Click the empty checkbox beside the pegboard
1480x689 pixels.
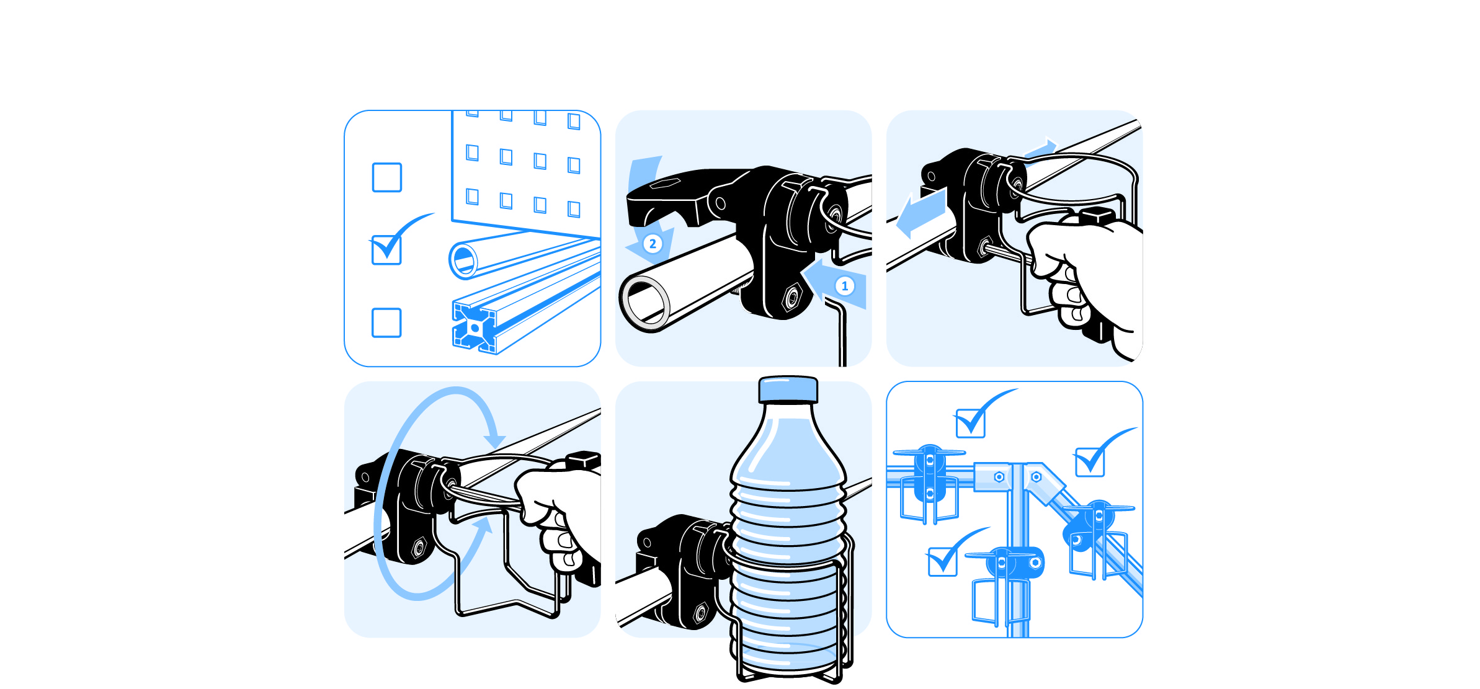(386, 177)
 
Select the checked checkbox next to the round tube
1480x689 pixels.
(386, 250)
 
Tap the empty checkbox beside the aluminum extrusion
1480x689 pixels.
(386, 322)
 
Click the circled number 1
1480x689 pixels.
(844, 286)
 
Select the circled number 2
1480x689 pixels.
(653, 244)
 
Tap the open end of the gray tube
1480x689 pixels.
(644, 303)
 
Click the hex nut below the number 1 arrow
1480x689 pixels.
(792, 298)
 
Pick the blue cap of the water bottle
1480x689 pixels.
(788, 389)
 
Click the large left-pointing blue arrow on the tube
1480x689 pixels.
(921, 213)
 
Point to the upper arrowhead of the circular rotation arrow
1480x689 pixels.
(495, 441)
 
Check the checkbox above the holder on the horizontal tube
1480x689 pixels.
(970, 424)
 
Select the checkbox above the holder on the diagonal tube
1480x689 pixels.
(1090, 462)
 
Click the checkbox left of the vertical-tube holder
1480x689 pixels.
(942, 561)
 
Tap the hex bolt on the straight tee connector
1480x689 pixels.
(999, 477)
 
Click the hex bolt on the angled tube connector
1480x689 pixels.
(1036, 477)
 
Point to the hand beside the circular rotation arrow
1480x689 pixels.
(555, 515)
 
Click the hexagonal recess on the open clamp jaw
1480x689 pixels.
(666, 183)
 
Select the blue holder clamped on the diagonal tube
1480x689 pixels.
(1098, 536)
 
